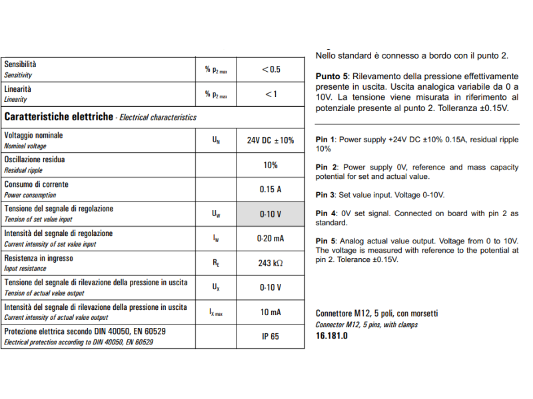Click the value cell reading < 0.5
pyautogui.click(x=270, y=69)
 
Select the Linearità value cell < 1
pyautogui.click(x=270, y=94)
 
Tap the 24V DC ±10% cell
pyautogui.click(x=270, y=140)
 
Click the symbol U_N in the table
pyautogui.click(x=216, y=140)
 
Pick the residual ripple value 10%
pyautogui.click(x=270, y=165)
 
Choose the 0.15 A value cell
pyautogui.click(x=270, y=190)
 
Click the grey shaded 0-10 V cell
pyautogui.click(x=270, y=214)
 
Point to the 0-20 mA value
pyautogui.click(x=270, y=238)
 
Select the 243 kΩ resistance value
pyautogui.click(x=270, y=263)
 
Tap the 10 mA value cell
pyautogui.click(x=270, y=312)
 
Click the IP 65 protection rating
pyautogui.click(x=270, y=336)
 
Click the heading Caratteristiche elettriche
pyautogui.click(x=59, y=116)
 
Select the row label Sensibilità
pyautogui.click(x=21, y=65)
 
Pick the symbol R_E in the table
pyautogui.click(x=216, y=263)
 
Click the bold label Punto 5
pyautogui.click(x=330, y=76)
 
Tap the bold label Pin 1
pyautogui.click(x=326, y=140)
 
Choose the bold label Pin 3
pyautogui.click(x=326, y=195)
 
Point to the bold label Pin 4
pyautogui.click(x=326, y=213)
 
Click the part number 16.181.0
pyautogui.click(x=331, y=336)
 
